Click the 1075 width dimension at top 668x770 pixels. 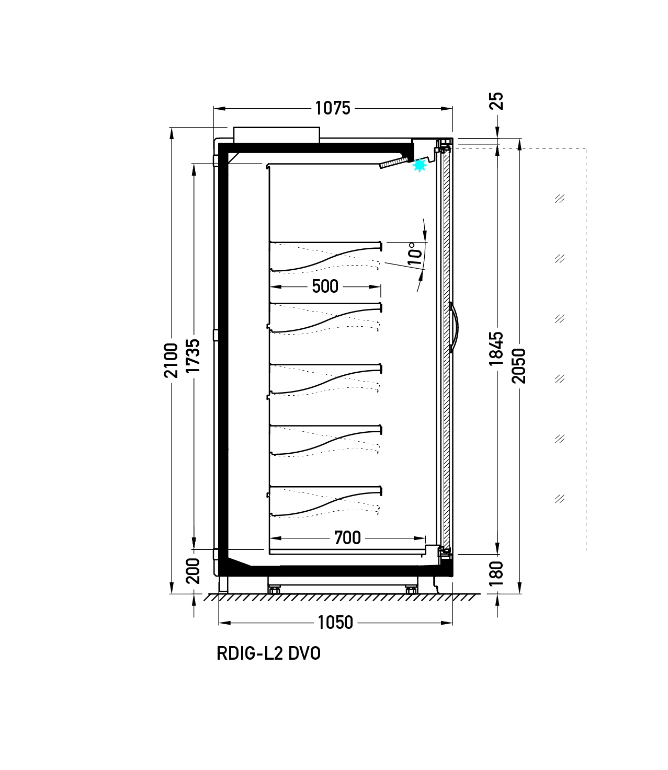(333, 108)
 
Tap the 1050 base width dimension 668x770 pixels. (335, 623)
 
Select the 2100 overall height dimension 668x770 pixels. (171, 360)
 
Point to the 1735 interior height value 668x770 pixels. (193, 355)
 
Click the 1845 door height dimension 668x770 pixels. (496, 349)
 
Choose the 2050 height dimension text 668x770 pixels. (519, 366)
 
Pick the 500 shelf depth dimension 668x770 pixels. (325, 286)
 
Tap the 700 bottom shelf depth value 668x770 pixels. (347, 538)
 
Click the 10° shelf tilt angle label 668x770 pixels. (415, 254)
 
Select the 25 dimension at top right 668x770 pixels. (496, 101)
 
